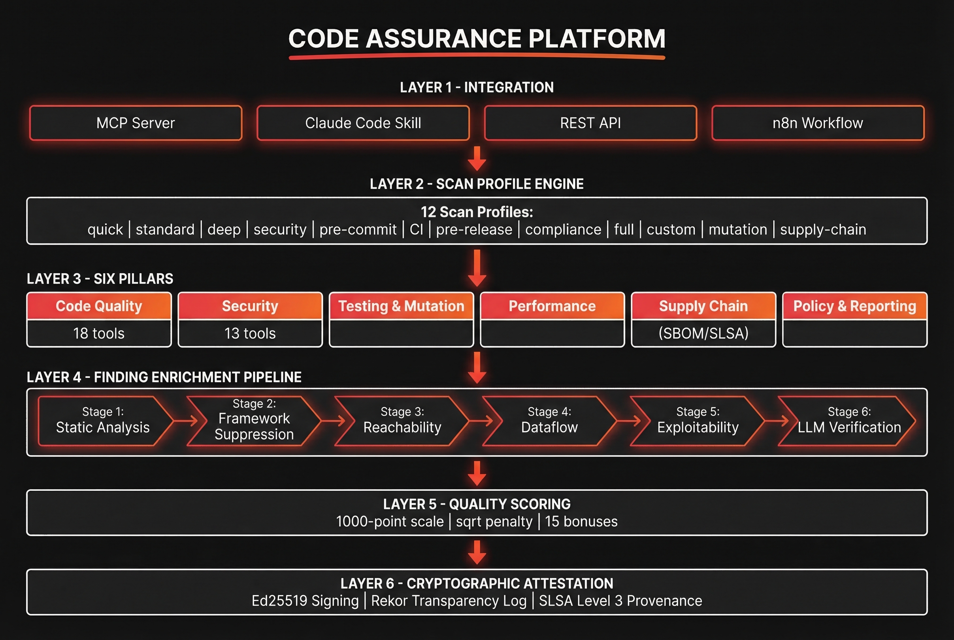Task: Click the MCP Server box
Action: (x=135, y=123)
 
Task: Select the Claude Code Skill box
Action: (x=363, y=123)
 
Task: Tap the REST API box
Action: (x=590, y=123)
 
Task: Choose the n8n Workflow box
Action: (x=818, y=123)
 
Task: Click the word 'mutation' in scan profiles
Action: (x=738, y=229)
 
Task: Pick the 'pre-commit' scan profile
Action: (x=358, y=229)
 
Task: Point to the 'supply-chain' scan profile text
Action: (x=823, y=229)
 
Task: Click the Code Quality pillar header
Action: (x=99, y=306)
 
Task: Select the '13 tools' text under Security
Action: (x=250, y=334)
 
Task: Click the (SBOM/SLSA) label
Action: (x=703, y=334)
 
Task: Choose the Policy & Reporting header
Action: (x=854, y=306)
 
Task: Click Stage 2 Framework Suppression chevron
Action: (x=254, y=421)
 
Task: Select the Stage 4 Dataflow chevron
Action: (x=549, y=421)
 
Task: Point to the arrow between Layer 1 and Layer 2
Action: (x=477, y=158)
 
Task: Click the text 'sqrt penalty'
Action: (x=494, y=522)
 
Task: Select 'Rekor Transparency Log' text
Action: (x=449, y=601)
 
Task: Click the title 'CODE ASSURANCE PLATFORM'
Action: (x=477, y=39)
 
